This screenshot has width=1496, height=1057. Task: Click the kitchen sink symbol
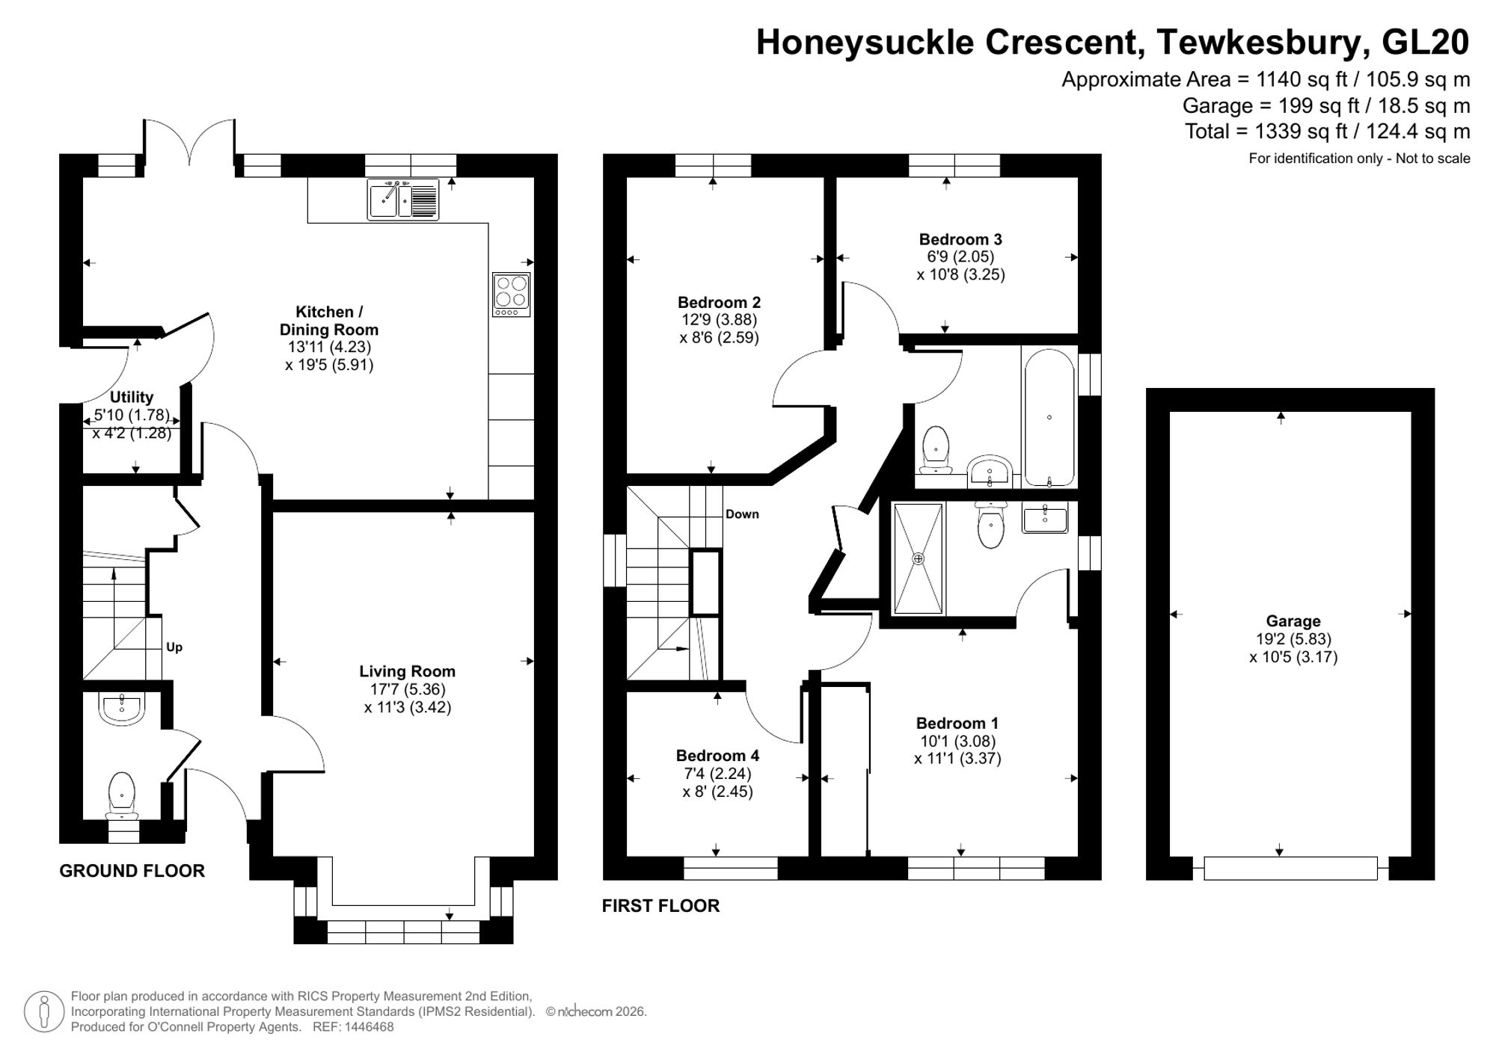pos(402,200)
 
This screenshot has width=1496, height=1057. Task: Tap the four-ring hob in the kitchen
pos(512,294)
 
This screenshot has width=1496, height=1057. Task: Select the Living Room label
pos(407,671)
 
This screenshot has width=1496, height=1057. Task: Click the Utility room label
pos(132,397)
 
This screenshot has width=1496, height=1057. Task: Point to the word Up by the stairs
pos(174,647)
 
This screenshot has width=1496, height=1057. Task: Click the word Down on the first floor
pos(742,514)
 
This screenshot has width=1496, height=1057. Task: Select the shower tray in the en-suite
pos(918,558)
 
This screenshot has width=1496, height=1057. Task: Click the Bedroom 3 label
pos(960,239)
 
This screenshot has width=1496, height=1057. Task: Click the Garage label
pos(1293,620)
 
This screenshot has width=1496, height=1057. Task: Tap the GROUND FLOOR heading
pos(132,871)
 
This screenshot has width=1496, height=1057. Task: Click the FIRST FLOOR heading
pos(660,906)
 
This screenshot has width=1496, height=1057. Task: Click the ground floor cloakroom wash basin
pos(121,707)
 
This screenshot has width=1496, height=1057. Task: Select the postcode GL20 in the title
pos(1425,43)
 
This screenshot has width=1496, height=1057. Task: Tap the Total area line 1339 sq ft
pos(1327,132)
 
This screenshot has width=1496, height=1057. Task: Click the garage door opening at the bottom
pos(1290,868)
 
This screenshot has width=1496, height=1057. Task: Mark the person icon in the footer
pos(44,1012)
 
